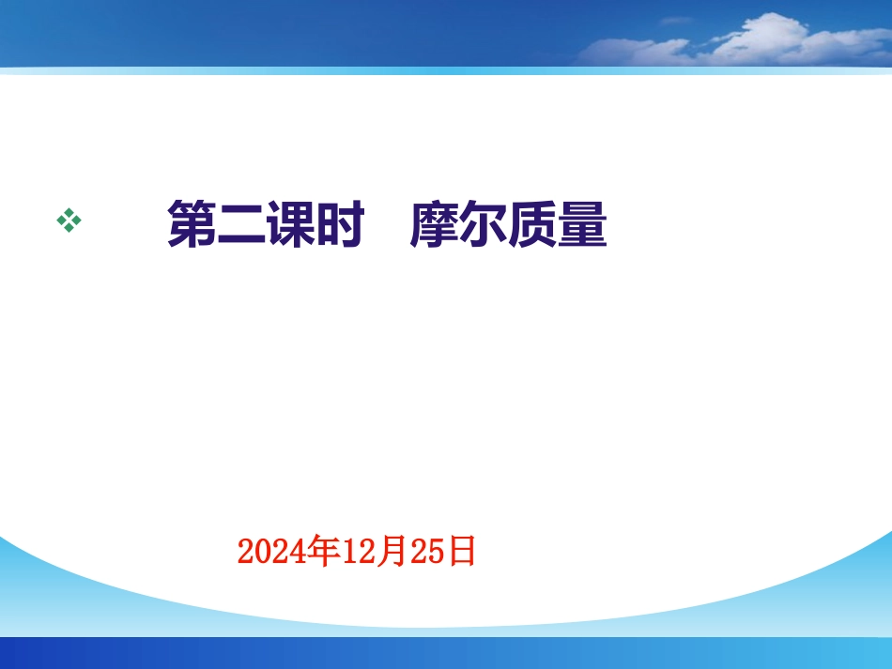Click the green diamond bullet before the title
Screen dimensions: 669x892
69,221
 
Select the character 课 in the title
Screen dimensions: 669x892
289,226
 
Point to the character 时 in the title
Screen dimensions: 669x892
339,226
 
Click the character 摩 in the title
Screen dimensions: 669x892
436,226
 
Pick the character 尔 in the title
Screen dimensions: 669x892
484,226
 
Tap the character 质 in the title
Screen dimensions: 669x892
533,226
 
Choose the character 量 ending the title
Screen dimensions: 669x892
583,226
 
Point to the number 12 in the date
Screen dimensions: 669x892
358,552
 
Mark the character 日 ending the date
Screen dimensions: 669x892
461,551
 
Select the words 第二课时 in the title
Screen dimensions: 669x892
265,226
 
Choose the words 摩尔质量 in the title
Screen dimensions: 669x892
509,226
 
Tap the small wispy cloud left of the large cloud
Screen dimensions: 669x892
675,21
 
